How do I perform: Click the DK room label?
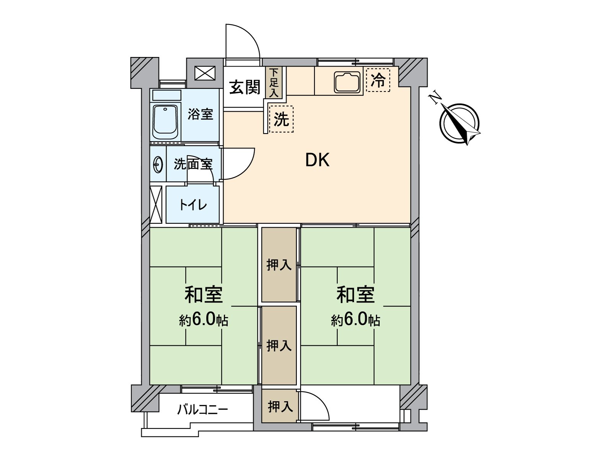coord(317,160)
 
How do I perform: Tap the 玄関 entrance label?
coord(244,88)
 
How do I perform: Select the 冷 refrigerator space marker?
coord(378,80)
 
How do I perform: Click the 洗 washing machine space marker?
coord(282,119)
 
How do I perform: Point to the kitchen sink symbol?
coord(347,82)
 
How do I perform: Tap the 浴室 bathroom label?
coord(200,114)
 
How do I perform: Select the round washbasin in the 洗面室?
coord(158,165)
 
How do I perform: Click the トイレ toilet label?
coord(193,205)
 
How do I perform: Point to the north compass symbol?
coord(460,123)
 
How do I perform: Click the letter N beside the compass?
coord(435,98)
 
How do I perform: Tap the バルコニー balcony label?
coord(202,410)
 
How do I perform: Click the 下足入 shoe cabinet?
coord(274,82)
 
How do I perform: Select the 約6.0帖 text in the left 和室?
coord(203,320)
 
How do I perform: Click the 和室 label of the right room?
coord(355,295)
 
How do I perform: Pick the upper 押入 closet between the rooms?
coord(279,264)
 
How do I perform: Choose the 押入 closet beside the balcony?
coord(280,406)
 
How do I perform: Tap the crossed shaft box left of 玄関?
coord(205,73)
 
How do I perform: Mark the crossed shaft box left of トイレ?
coord(156,205)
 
